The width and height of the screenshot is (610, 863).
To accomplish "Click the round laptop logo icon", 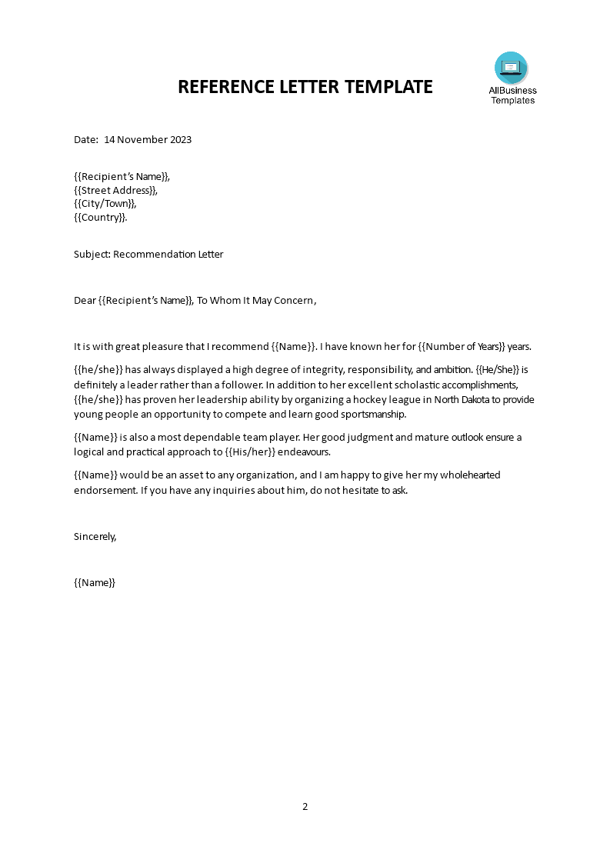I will click(511, 68).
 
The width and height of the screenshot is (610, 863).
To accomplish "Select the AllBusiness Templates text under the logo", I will click(512, 95).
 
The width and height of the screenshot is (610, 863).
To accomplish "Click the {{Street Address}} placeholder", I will click(115, 190).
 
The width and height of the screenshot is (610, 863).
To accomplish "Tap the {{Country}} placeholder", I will click(100, 218).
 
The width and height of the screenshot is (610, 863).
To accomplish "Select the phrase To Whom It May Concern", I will click(255, 301).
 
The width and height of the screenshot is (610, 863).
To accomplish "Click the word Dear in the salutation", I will click(85, 301).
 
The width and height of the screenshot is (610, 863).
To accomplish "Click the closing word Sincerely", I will click(95, 537).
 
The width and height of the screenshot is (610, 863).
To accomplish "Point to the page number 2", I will click(305, 807).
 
